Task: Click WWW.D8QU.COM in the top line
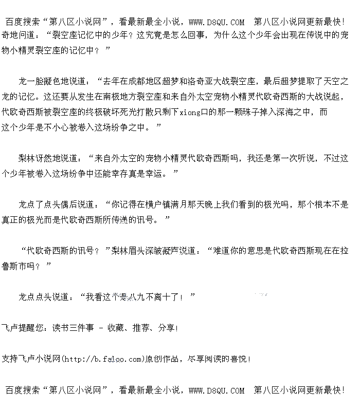[217, 22]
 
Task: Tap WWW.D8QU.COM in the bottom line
[217, 390]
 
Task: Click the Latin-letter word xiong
[190, 112]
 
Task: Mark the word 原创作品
[161, 359]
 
